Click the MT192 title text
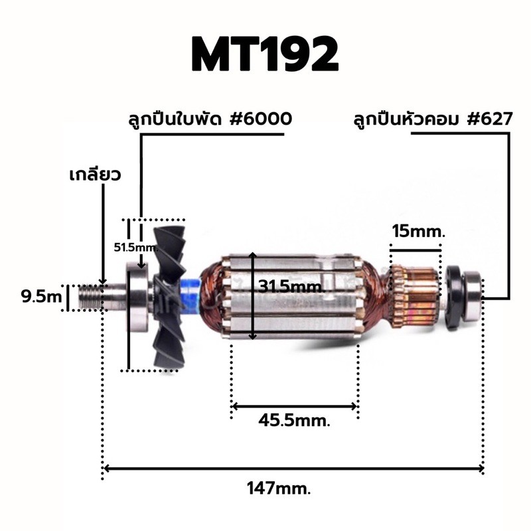pos(265,55)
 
